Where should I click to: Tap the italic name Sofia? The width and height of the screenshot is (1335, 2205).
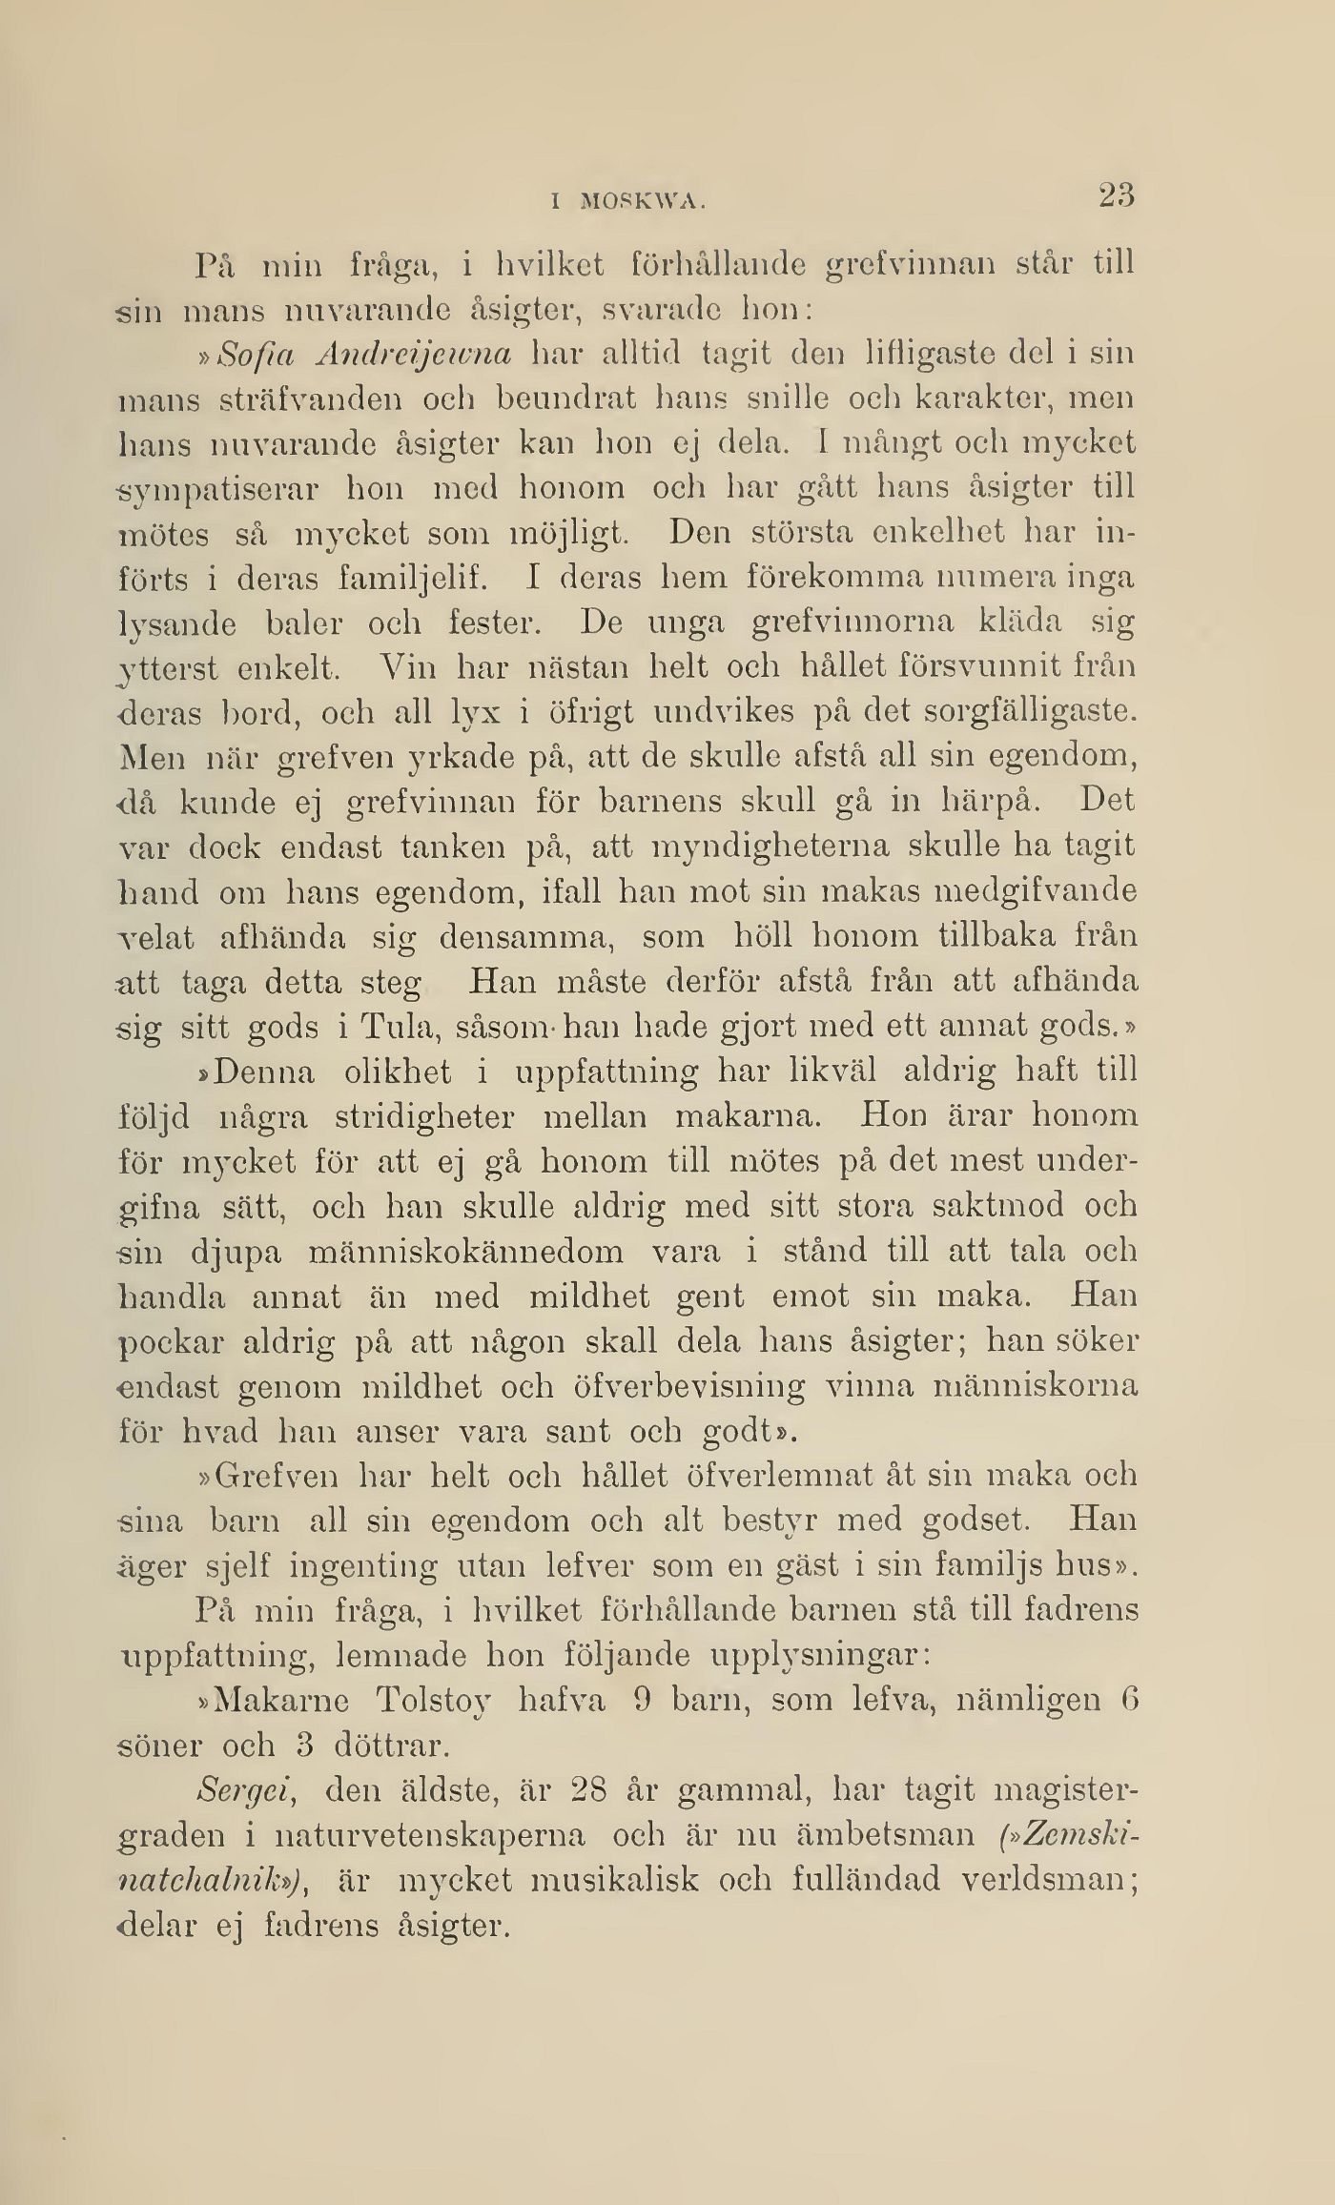[250, 354]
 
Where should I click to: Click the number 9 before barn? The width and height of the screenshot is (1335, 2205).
[642, 1701]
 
